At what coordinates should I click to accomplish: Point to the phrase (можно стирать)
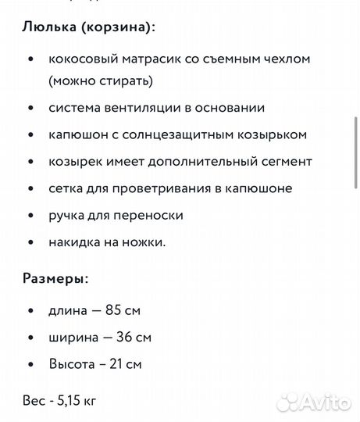click(100, 80)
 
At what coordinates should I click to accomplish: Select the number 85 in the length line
click(113, 311)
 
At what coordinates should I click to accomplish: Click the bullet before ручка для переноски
click(30, 216)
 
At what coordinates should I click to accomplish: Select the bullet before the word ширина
click(30, 338)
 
